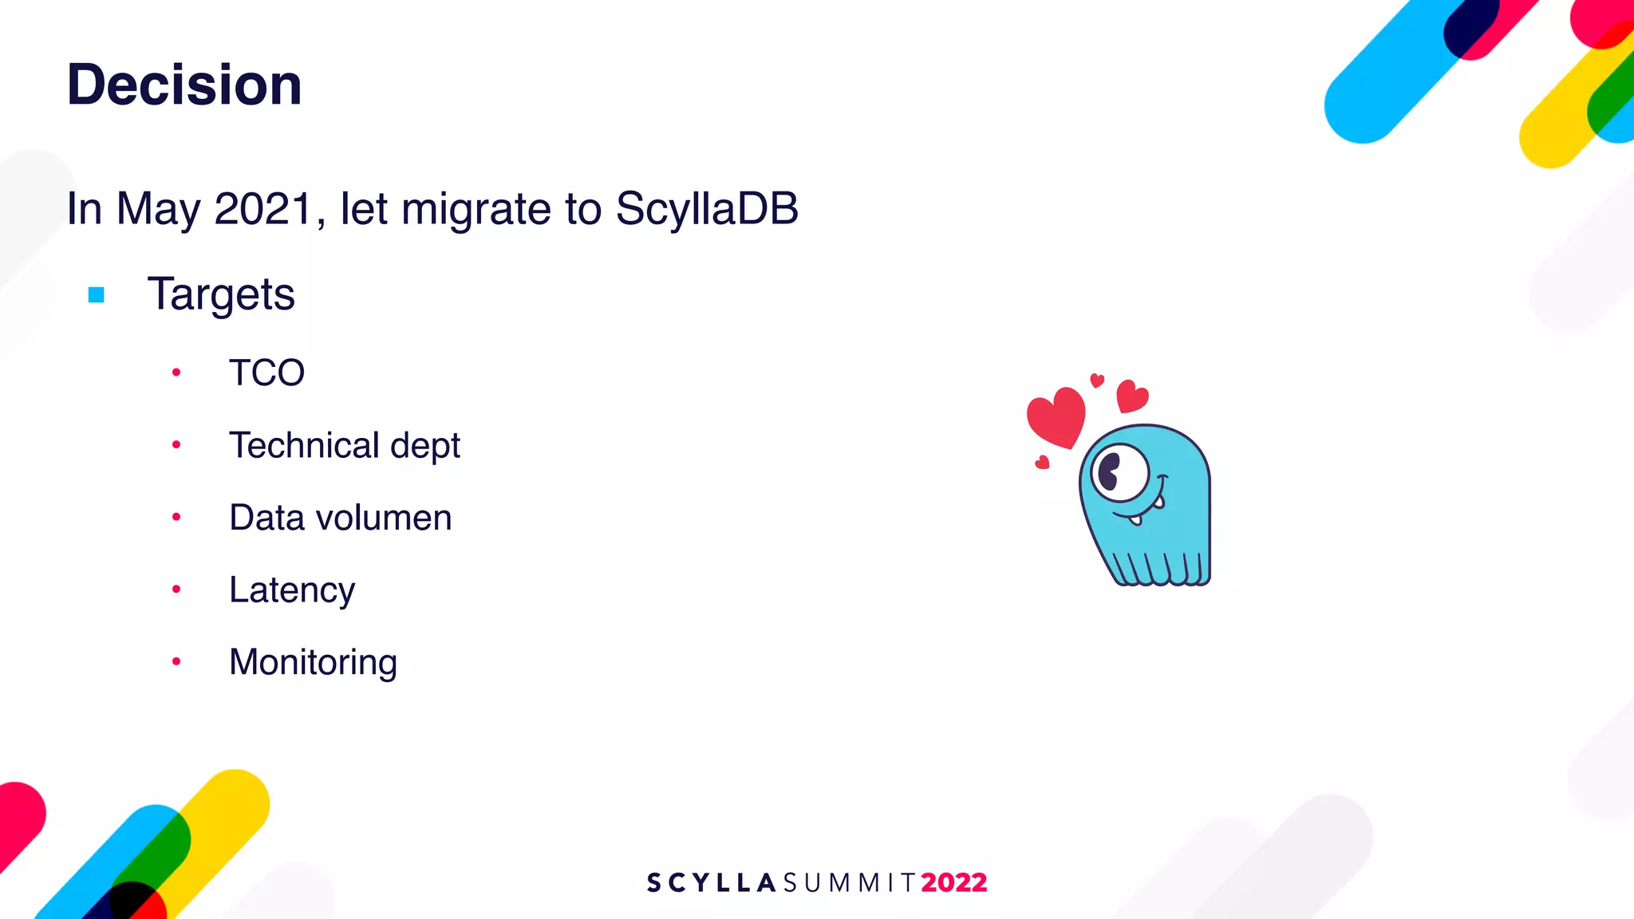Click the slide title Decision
point(184,85)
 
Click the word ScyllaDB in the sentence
point(706,209)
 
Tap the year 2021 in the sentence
point(263,209)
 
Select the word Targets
point(221,294)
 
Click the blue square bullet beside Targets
point(97,295)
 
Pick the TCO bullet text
point(266,373)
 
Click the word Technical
point(303,445)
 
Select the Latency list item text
point(292,590)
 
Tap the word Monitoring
point(313,662)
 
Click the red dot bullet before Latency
point(176,590)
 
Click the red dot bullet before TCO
point(176,373)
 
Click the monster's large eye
point(1119,473)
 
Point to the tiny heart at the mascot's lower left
point(1042,462)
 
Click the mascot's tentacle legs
point(1161,567)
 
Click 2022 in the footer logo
point(953,883)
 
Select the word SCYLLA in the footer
point(711,883)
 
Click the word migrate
point(476,209)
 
